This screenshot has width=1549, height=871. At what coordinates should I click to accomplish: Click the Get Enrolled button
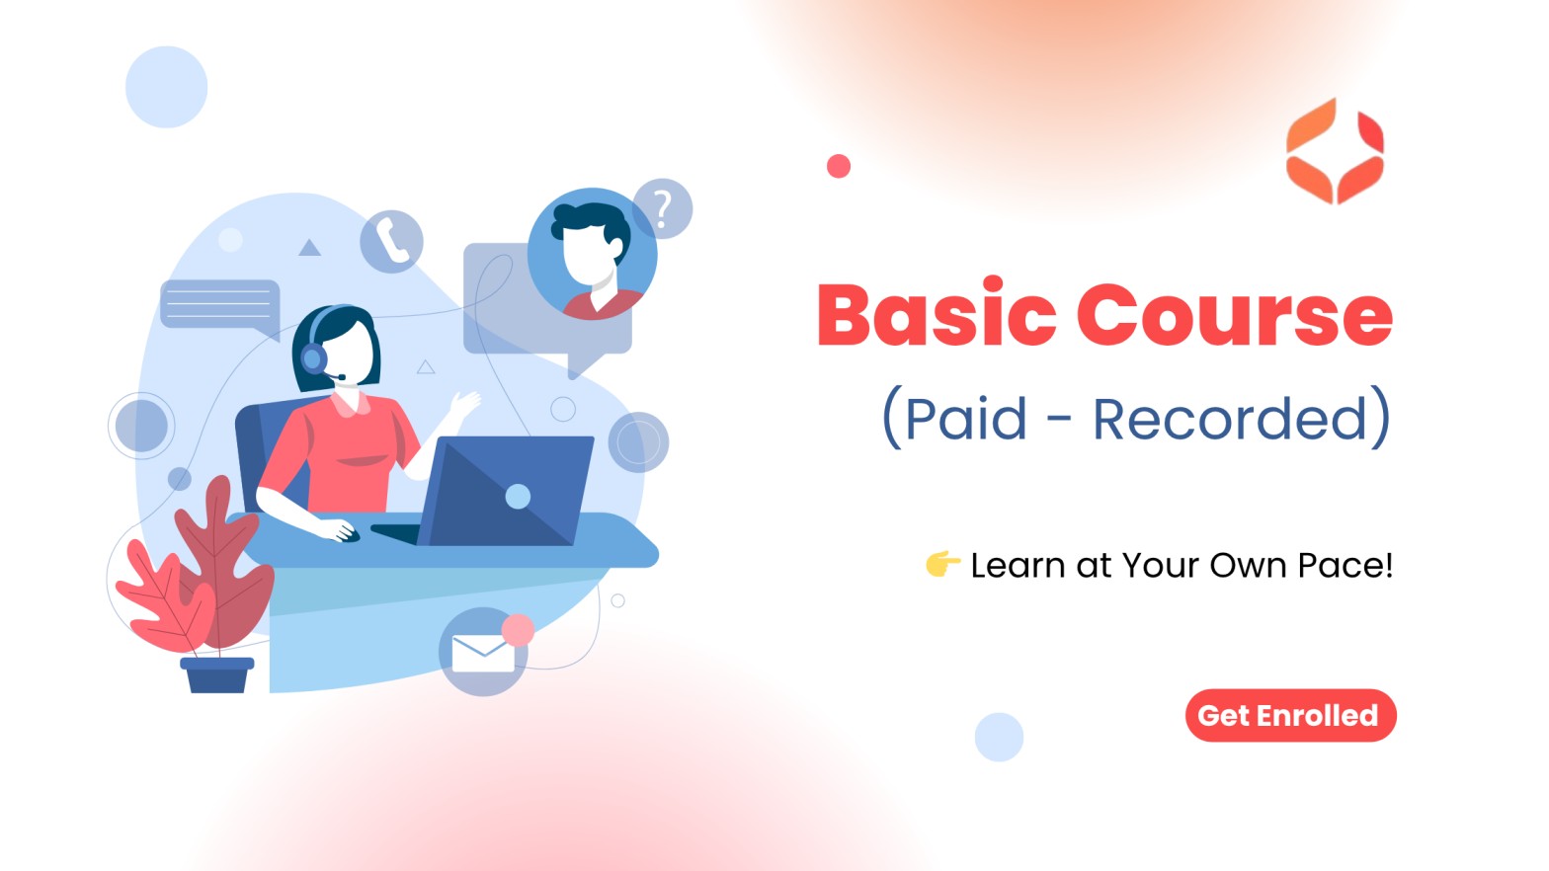[x=1290, y=715]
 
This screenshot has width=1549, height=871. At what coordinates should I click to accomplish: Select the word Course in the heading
[x=1235, y=314]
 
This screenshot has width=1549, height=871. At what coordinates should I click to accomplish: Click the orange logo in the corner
[x=1335, y=151]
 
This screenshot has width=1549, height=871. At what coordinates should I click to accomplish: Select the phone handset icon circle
[x=391, y=241]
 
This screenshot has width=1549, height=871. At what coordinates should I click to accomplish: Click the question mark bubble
[x=663, y=208]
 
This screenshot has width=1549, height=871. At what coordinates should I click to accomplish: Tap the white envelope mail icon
[x=483, y=653]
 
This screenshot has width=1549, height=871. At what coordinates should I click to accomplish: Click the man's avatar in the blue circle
[x=592, y=254]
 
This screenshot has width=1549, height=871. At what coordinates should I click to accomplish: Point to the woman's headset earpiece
[x=313, y=358]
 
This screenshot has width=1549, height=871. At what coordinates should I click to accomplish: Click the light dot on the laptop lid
[x=518, y=496]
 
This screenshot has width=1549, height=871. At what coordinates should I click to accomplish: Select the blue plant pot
[x=217, y=674]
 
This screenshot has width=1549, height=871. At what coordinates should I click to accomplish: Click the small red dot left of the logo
[x=839, y=166]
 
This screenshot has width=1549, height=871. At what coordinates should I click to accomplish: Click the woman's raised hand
[x=464, y=403]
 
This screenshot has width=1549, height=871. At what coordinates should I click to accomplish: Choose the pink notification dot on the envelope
[x=518, y=630]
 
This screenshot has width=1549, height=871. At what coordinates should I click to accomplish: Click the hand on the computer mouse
[x=340, y=531]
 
